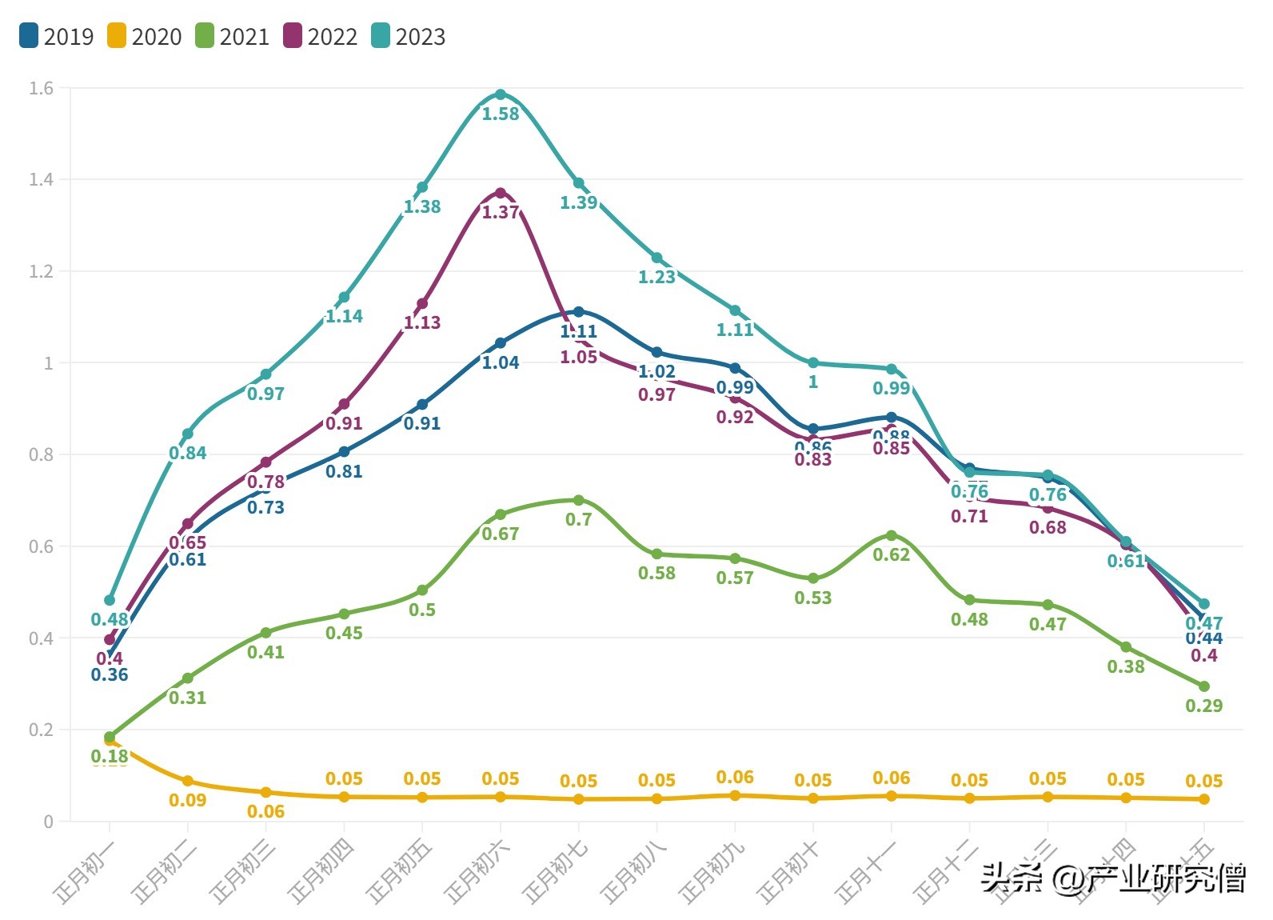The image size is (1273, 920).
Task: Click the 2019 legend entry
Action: (x=56, y=36)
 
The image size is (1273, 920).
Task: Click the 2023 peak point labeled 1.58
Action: (x=501, y=94)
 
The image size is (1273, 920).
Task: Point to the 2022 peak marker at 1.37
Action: (x=501, y=193)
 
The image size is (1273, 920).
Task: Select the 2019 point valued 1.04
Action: (x=501, y=343)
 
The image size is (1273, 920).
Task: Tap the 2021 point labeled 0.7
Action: (x=579, y=500)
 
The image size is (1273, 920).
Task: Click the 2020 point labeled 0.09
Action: (x=188, y=781)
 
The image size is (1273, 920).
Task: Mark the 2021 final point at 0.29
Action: (x=1204, y=686)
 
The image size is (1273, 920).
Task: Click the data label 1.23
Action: (x=656, y=277)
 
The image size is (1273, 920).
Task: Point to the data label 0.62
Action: (x=892, y=554)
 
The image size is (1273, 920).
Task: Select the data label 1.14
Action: (x=344, y=316)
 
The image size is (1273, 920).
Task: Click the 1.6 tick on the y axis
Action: (x=41, y=88)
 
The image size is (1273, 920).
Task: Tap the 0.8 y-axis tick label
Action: (x=41, y=454)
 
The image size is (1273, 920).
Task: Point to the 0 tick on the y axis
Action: (x=49, y=822)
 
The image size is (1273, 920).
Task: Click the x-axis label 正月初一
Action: (x=85, y=874)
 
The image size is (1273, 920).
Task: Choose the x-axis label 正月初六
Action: (x=476, y=874)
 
